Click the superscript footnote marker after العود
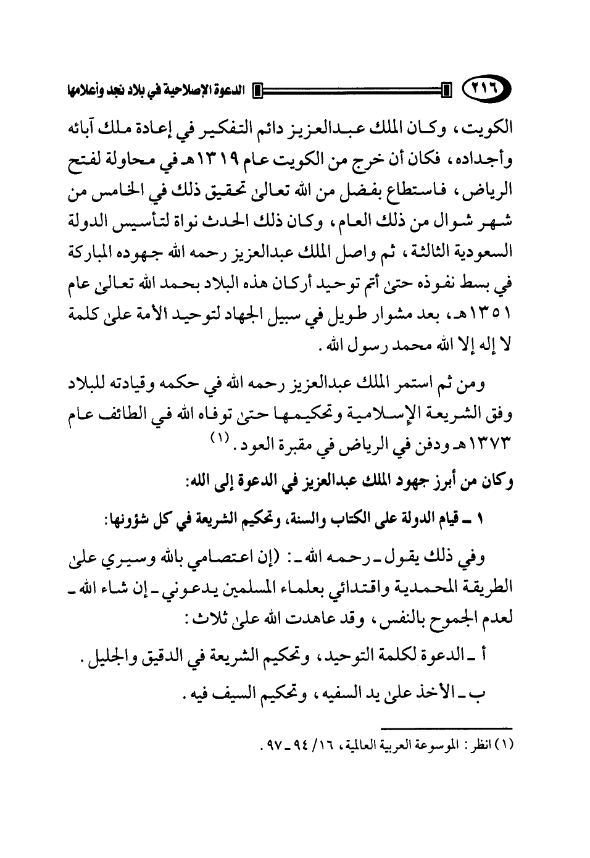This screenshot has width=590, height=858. point(220,439)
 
